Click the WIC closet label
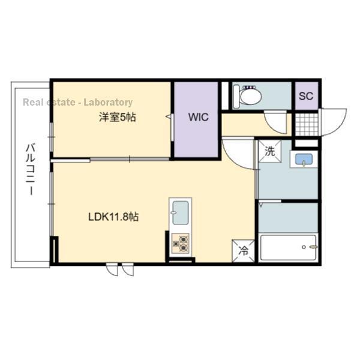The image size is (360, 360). [x=199, y=117]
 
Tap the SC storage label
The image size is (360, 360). [x=306, y=96]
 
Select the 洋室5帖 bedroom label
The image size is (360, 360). [x=118, y=118]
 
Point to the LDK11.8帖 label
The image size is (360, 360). [x=113, y=217]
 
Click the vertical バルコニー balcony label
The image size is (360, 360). [x=31, y=169]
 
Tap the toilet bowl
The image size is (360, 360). [x=247, y=97]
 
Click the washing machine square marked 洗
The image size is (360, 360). [x=270, y=151]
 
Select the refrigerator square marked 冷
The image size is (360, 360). [x=244, y=251]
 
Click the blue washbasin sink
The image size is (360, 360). [x=304, y=159]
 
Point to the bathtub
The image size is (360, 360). [x=289, y=247]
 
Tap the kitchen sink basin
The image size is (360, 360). [x=181, y=213]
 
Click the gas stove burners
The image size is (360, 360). [x=181, y=244]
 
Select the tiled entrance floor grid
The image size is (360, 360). [x=307, y=124]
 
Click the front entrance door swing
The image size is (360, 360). [x=334, y=122]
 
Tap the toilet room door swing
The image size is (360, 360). [x=275, y=122]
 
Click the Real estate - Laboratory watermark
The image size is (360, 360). [x=78, y=103]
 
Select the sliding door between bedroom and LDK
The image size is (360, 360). [x=130, y=159]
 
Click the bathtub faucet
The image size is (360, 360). [x=313, y=247]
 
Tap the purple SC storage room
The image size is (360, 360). [x=307, y=96]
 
